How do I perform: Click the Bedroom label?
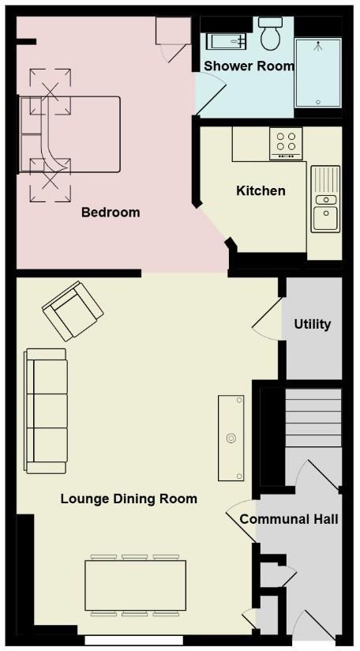click(x=111, y=213)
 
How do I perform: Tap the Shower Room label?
click(x=249, y=66)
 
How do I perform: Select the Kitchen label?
click(x=261, y=191)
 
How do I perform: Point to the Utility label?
click(x=312, y=325)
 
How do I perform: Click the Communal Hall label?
click(x=289, y=519)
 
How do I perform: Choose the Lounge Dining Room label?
click(x=129, y=499)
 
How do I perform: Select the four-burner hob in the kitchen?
click(x=287, y=144)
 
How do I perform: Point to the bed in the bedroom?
click(x=71, y=134)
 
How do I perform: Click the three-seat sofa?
click(x=46, y=411)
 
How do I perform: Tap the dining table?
click(x=136, y=585)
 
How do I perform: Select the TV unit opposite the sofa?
click(x=231, y=437)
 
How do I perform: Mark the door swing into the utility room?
click(x=268, y=320)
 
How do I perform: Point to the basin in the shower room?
click(x=218, y=42)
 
